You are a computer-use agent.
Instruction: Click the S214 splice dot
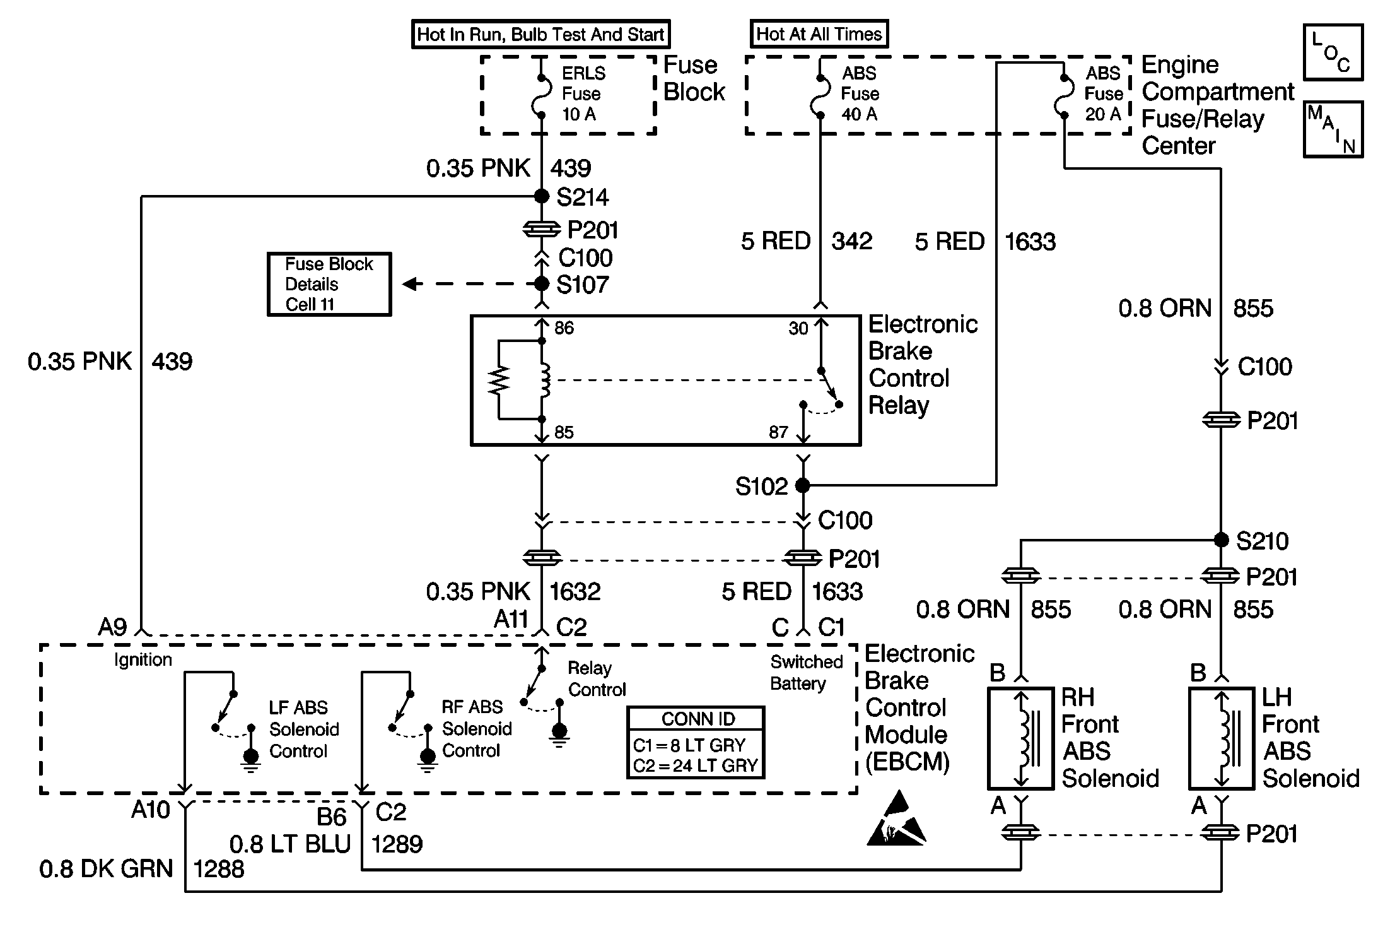[541, 196]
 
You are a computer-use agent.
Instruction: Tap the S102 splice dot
[802, 485]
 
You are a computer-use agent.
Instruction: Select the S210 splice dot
[1221, 540]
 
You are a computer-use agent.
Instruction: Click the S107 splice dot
[541, 284]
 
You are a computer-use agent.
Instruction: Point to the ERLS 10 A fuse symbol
[541, 97]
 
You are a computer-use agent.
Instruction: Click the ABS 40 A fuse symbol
[820, 97]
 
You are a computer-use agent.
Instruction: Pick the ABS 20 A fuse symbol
[1064, 97]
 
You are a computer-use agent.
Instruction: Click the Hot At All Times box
[819, 34]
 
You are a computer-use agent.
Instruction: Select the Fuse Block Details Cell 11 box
[329, 284]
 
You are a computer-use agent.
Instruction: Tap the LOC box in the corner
[1333, 52]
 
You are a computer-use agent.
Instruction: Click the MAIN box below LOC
[1333, 129]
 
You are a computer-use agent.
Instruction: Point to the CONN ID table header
[697, 719]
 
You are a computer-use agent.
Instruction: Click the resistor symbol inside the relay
[499, 380]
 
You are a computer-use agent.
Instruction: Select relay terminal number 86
[564, 328]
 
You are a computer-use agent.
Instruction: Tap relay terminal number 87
[778, 432]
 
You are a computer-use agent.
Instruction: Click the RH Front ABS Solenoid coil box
[1020, 738]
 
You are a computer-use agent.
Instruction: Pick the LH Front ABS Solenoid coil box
[1221, 738]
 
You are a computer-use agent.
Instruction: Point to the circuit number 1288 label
[218, 869]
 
